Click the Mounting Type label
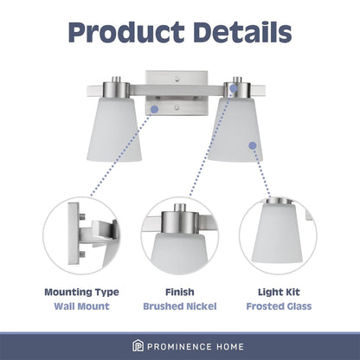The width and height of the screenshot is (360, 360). click(81, 292)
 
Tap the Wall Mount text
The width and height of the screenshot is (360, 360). click(81, 306)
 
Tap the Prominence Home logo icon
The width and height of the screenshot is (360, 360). click(113, 345)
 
